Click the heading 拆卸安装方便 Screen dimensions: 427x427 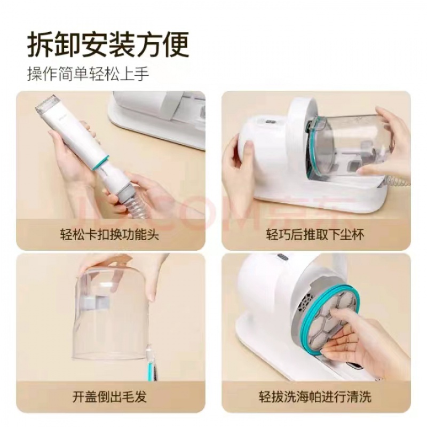108,44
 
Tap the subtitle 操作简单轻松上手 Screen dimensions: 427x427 88,73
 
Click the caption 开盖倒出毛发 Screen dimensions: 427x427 109,397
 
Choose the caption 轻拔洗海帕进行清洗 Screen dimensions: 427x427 315,397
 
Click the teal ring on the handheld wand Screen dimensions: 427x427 100,163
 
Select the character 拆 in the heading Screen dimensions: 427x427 41,44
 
